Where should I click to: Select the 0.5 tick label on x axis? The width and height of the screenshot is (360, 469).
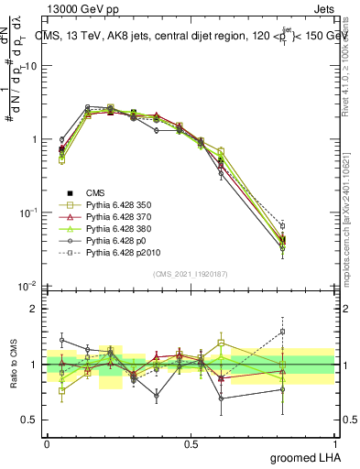pos(191,443)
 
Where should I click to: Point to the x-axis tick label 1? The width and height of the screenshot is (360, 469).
pos(334,443)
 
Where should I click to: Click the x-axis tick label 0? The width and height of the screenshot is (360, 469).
pos(47,443)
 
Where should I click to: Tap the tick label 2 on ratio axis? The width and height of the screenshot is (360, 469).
pos(34,309)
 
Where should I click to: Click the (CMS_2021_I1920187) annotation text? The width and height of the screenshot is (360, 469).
pos(190,272)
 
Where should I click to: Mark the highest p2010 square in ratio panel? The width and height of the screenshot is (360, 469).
pos(308,332)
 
